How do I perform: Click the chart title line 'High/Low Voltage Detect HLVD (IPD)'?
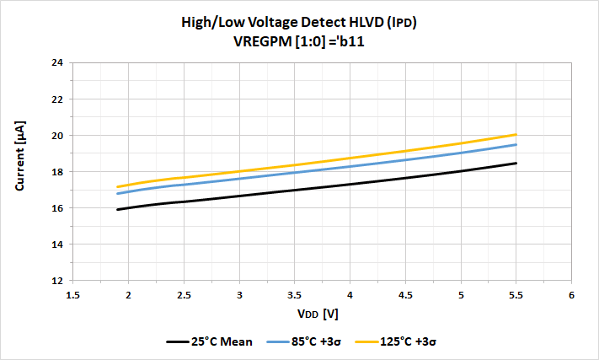[299, 23]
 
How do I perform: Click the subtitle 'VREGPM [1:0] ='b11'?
[299, 40]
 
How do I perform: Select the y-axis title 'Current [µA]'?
[20, 171]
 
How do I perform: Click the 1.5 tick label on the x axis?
[73, 295]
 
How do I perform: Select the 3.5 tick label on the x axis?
[295, 295]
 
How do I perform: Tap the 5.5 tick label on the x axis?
[516, 295]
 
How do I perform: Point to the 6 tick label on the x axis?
[571, 295]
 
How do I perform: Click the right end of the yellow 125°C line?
[516, 134]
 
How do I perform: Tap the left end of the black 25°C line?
[118, 209]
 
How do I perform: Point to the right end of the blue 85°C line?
[516, 144]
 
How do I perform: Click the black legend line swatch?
[178, 342]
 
